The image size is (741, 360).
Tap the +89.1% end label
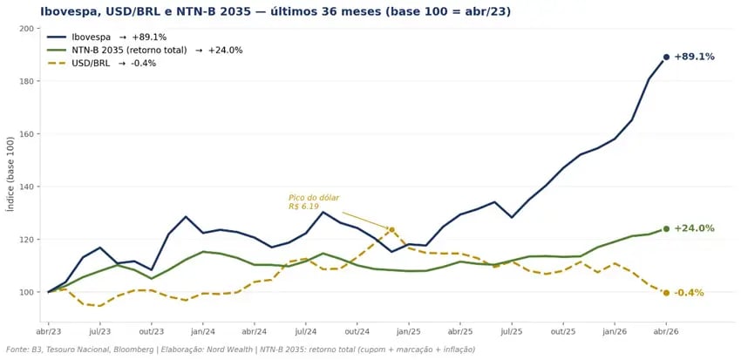point(694,57)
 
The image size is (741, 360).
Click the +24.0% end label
point(694,228)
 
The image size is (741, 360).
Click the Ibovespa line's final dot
point(666,57)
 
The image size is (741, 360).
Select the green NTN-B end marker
point(666,229)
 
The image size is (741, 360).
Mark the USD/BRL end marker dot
point(666,293)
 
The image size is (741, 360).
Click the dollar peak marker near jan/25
point(391,230)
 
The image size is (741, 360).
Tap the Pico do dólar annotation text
point(314,202)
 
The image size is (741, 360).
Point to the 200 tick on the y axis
point(27,29)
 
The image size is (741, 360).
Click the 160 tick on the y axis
point(27,134)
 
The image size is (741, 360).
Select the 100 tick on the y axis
point(27,292)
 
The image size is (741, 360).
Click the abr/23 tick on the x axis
point(48,332)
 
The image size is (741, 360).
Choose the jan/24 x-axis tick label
point(203,332)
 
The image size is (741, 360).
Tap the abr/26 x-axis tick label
point(666,332)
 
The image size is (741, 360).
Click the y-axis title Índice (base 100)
point(10,173)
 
